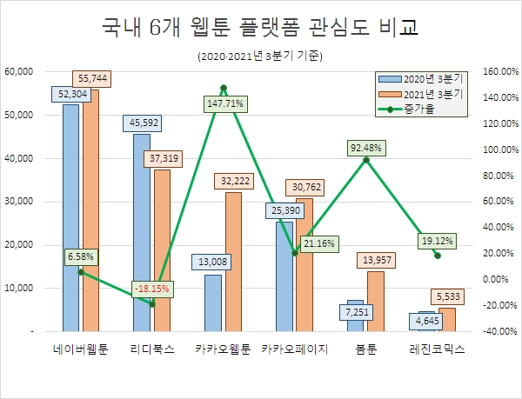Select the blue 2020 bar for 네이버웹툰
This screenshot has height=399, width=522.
pos(70,217)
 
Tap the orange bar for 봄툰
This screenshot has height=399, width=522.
pos(376,301)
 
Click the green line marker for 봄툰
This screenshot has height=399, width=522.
pos(366,159)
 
